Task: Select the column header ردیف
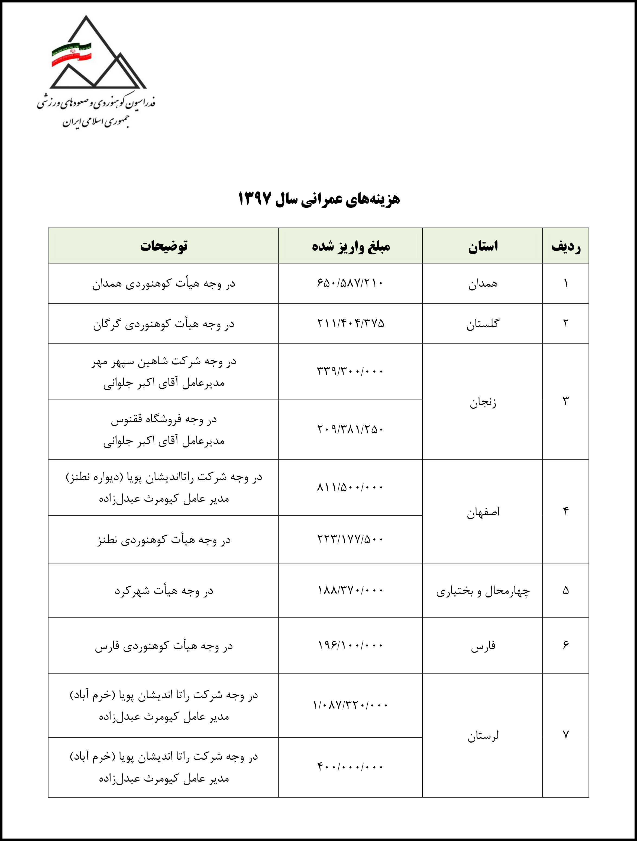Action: [x=565, y=246]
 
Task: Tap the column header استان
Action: [x=482, y=246]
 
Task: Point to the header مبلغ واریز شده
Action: [x=351, y=246]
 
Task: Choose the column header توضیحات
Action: [x=163, y=246]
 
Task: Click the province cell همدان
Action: [x=482, y=284]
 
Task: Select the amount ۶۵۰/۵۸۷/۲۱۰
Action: [x=350, y=283]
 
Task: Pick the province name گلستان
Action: [x=482, y=324]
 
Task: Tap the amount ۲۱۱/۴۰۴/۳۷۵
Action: [x=350, y=324]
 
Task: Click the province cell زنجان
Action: [x=482, y=402]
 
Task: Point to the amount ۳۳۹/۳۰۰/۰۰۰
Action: [x=350, y=371]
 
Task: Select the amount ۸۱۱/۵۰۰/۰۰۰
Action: [x=350, y=487]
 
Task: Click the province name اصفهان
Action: [x=482, y=512]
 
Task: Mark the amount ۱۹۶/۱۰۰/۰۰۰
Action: [x=350, y=645]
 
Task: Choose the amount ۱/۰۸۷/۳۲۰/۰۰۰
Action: [x=350, y=706]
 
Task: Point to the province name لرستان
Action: [x=482, y=736]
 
